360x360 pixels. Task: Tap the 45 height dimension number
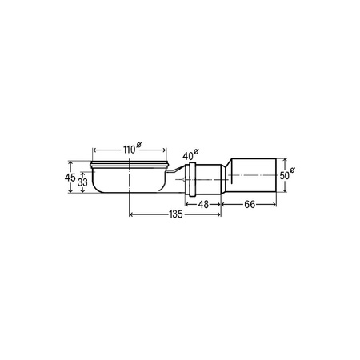(x=70, y=178)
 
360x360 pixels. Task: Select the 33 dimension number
(x=82, y=182)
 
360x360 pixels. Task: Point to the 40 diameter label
(x=190, y=154)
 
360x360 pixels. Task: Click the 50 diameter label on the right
(x=287, y=174)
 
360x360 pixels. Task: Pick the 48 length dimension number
(x=203, y=205)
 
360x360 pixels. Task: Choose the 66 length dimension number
(x=250, y=205)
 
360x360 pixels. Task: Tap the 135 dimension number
(x=175, y=214)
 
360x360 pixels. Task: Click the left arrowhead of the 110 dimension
(x=94, y=150)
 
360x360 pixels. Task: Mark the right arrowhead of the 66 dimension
(x=274, y=205)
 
